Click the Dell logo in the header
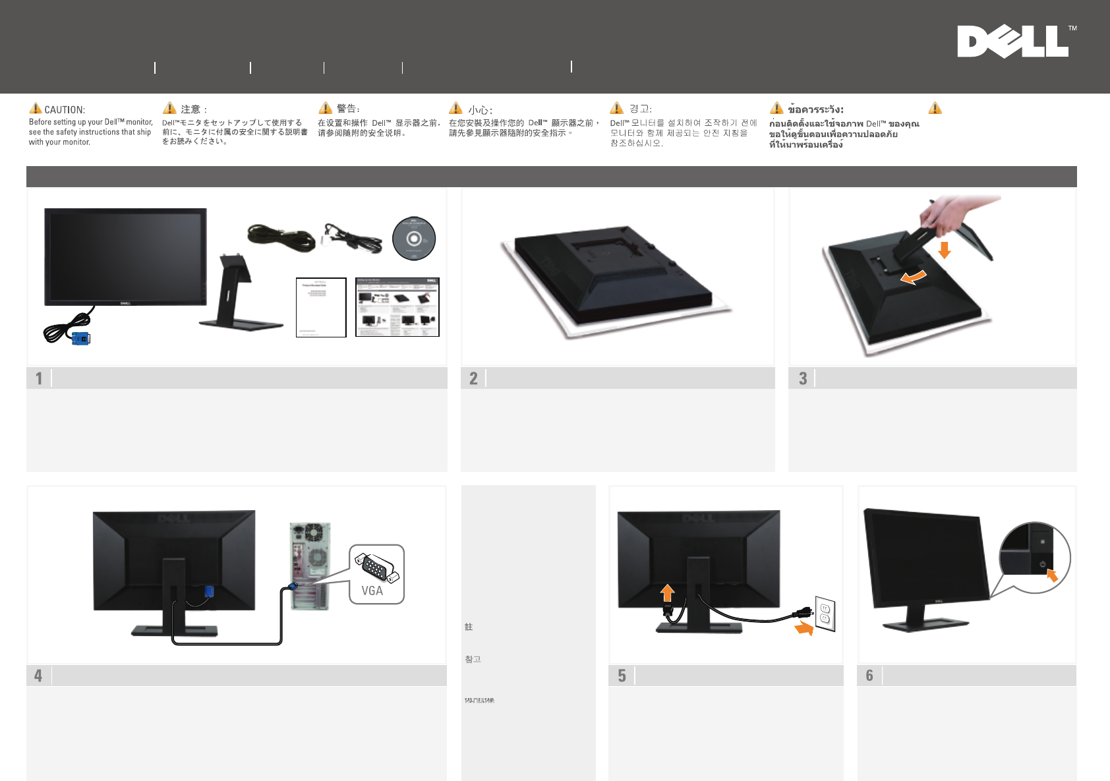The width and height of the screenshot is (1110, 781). [1012, 42]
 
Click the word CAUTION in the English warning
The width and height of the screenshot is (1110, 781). [65, 110]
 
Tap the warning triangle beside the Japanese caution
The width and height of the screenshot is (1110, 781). [169, 108]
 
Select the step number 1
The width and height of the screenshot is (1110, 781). [39, 378]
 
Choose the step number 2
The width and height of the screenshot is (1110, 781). [473, 378]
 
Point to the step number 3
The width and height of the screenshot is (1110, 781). [803, 378]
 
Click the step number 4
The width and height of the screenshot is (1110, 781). [38, 676]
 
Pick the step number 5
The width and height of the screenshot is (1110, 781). [622, 676]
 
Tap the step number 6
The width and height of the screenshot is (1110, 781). [869, 676]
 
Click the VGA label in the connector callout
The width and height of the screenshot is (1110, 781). [372, 591]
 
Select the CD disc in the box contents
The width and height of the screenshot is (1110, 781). [414, 239]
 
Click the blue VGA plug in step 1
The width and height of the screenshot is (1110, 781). [80, 339]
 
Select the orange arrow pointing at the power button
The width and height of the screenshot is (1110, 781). [1052, 575]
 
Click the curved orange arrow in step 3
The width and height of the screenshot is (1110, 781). [914, 277]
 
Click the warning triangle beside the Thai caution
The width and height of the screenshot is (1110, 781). [776, 108]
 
